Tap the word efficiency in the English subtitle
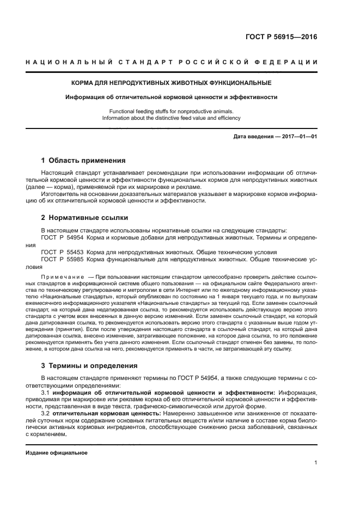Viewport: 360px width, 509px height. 229,118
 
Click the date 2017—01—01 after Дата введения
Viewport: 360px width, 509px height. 297,137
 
